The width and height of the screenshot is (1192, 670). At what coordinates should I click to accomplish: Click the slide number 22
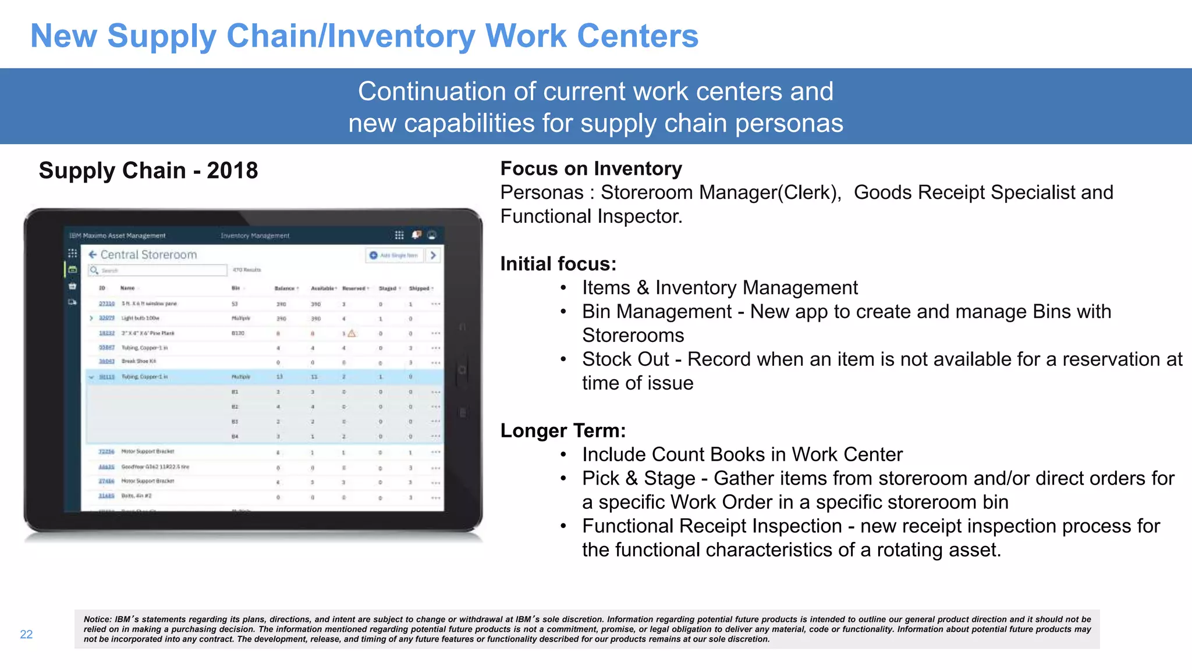point(26,635)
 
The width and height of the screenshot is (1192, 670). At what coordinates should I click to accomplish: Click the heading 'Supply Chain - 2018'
point(148,170)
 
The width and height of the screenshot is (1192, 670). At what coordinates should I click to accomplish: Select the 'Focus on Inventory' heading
point(591,169)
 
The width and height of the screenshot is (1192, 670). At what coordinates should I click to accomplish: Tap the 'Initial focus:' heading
point(558,264)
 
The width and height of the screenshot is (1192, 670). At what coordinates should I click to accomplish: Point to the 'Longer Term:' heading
point(563,430)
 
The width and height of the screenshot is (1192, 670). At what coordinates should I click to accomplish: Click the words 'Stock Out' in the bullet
point(625,359)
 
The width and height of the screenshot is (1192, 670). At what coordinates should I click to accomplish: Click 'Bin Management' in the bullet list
point(657,312)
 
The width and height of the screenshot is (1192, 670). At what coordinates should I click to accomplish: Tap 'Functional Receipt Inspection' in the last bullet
point(711,526)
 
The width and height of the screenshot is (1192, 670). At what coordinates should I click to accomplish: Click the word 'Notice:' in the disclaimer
point(97,619)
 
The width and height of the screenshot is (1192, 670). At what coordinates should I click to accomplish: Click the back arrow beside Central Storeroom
point(93,254)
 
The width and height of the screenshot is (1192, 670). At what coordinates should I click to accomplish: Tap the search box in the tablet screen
point(157,270)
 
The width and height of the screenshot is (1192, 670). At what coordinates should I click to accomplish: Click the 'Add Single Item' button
point(395,255)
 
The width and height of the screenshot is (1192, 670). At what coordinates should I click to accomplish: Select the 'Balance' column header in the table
point(285,288)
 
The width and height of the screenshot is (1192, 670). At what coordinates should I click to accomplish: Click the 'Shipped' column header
point(419,288)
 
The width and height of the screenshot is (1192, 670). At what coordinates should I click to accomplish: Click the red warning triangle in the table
point(352,333)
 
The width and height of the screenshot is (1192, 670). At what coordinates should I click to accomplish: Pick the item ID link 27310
point(107,304)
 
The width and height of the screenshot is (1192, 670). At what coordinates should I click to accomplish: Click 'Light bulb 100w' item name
point(140,319)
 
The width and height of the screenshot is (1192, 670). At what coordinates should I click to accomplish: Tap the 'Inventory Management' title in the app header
point(255,236)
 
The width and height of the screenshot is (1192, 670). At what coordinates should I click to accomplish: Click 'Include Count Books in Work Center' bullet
point(742,455)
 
